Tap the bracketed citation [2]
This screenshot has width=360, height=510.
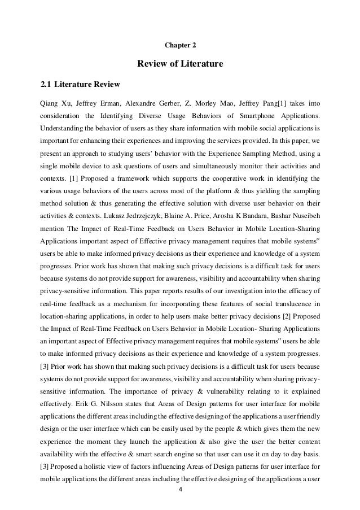(x=282, y=316)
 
